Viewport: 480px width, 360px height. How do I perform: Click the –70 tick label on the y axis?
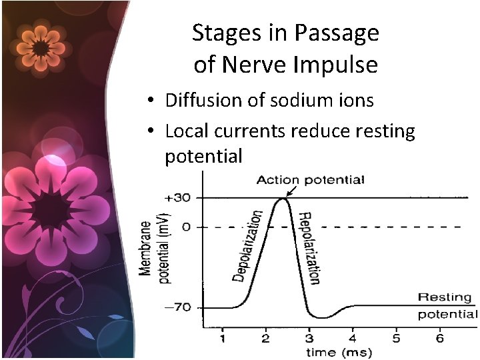179,308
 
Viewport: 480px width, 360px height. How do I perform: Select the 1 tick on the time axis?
223,339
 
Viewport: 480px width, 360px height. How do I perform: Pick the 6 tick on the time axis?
439,339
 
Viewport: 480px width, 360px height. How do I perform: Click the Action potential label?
310,179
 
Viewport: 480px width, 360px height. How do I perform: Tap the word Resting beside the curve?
444,297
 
